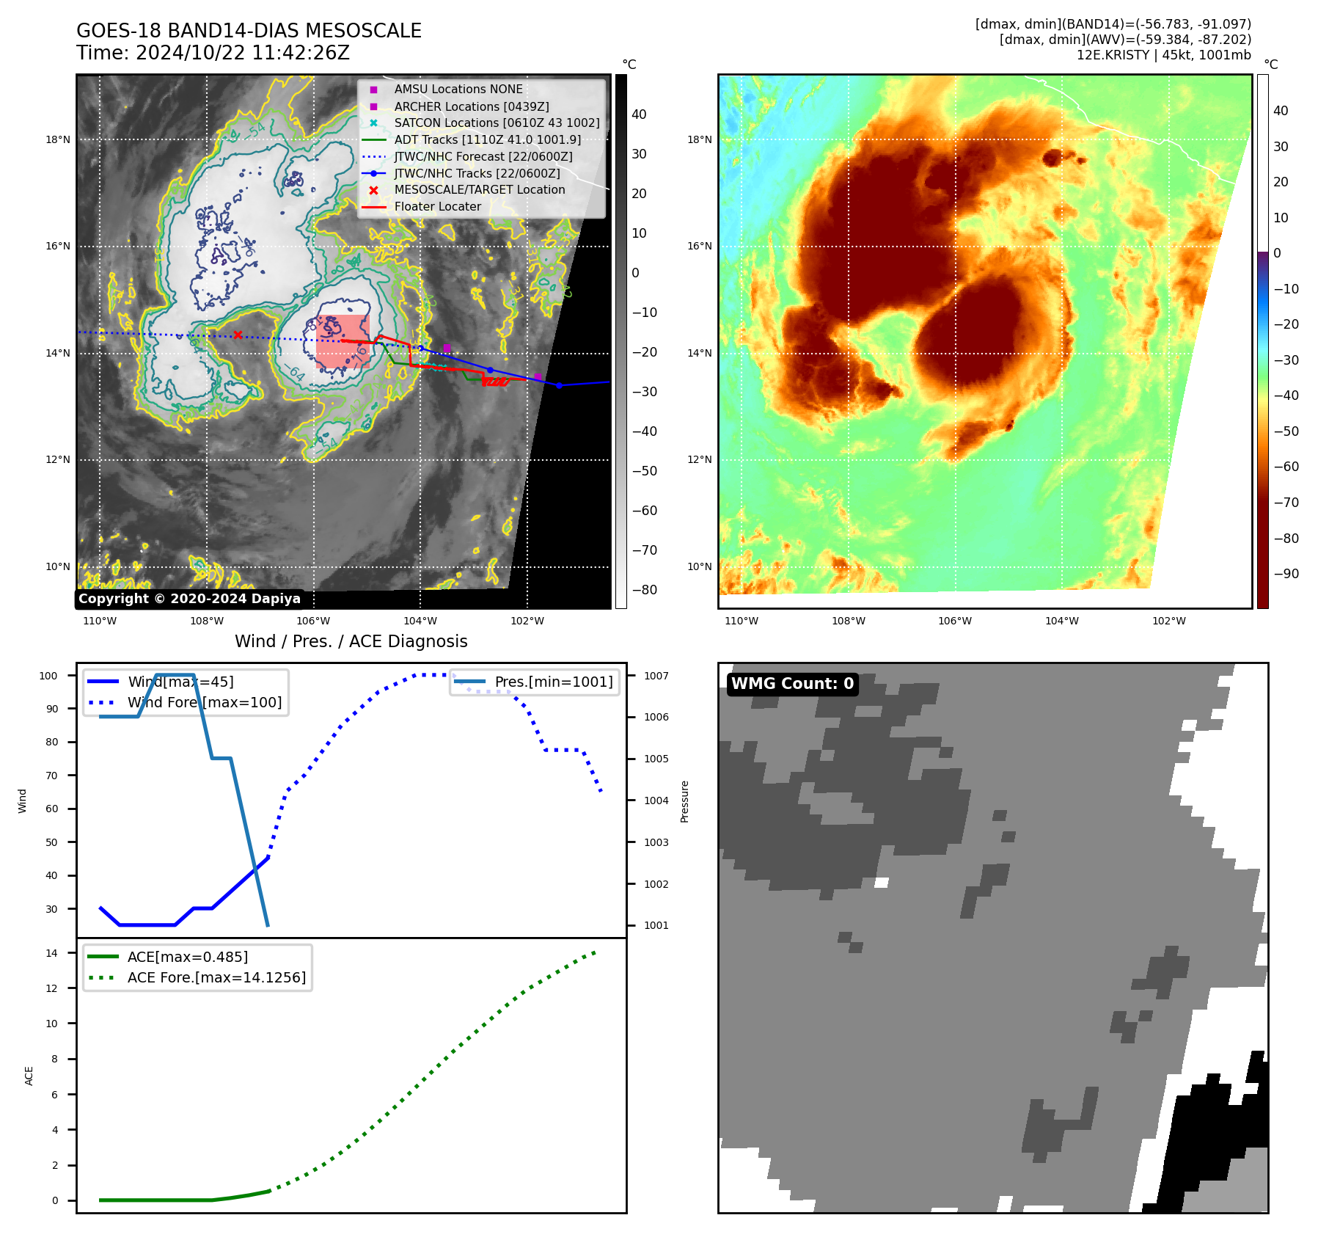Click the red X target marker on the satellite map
click(238, 335)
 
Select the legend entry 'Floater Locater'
click(437, 207)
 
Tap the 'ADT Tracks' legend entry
click(487, 139)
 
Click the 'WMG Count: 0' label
click(792, 684)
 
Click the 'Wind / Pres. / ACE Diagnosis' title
click(351, 641)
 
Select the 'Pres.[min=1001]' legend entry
click(553, 682)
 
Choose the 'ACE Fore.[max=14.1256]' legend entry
click(216, 977)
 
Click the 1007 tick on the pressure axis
click(656, 676)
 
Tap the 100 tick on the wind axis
click(48, 676)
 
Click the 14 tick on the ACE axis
click(51, 953)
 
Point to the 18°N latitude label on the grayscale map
click(58, 139)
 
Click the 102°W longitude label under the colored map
click(1168, 621)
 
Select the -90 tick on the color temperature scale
click(1286, 574)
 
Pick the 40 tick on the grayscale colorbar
click(639, 114)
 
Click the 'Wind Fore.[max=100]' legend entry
click(204, 702)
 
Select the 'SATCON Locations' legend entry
click(497, 123)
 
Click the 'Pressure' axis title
click(684, 801)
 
